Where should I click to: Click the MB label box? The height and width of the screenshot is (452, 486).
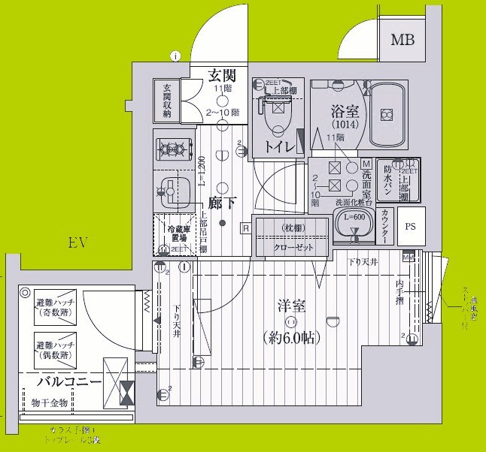coord(406,40)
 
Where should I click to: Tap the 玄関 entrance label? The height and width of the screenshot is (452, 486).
coord(223,74)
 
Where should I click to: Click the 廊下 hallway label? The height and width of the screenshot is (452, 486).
coord(223,203)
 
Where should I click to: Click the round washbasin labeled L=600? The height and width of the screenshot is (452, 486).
coord(352,224)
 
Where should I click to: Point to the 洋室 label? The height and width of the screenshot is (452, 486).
coord(290,306)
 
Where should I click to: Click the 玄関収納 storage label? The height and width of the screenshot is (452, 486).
coord(166,101)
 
